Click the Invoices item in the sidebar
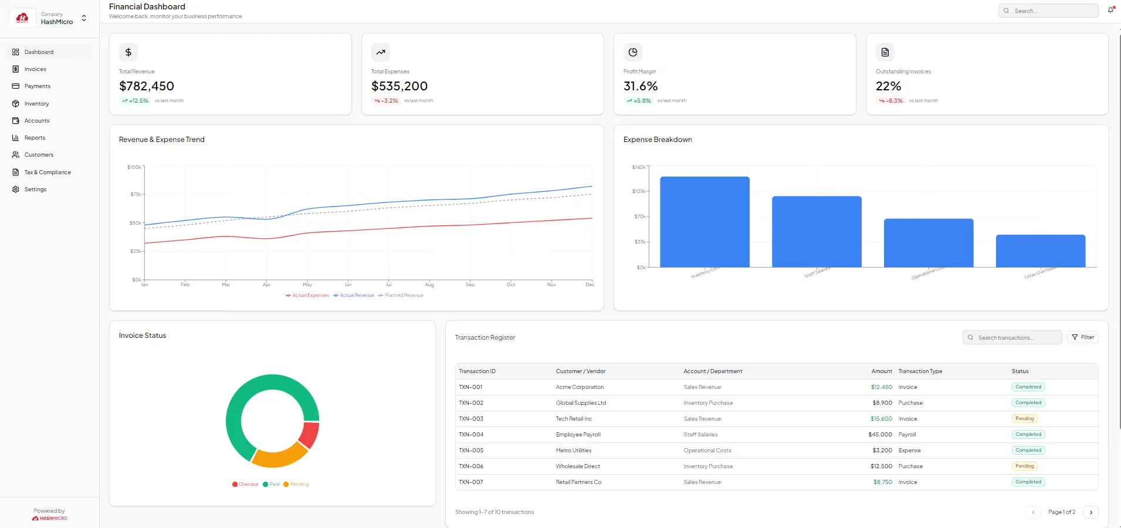[35, 69]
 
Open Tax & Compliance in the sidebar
[47, 172]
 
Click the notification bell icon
[1110, 11]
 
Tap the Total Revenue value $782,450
[147, 86]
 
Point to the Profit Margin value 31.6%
[641, 86]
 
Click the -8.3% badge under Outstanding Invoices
[890, 101]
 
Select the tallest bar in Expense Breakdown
[705, 222]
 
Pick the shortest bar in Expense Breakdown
[1040, 251]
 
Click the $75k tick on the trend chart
[136, 194]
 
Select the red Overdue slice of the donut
[309, 435]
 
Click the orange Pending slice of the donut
[279, 456]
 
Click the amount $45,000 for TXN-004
[880, 435]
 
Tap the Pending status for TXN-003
[1024, 419]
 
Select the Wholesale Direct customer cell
[578, 466]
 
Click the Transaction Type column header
[920, 371]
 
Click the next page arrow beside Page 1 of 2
[1090, 512]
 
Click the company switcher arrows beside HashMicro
[84, 18]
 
